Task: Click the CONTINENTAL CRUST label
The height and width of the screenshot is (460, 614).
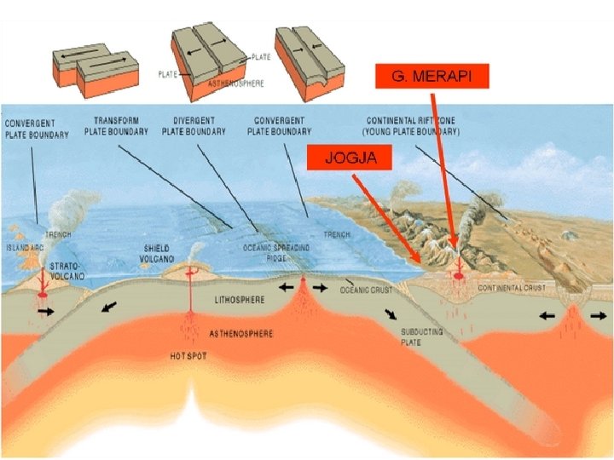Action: tap(512, 288)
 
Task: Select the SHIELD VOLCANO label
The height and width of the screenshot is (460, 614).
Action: tap(159, 253)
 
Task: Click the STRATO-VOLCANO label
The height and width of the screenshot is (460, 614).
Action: tap(67, 272)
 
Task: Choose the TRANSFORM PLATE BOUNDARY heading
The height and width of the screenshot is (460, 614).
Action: tap(116, 126)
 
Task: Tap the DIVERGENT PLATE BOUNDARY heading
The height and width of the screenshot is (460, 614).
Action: tap(194, 126)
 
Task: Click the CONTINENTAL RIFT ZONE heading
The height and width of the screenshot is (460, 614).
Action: tap(411, 126)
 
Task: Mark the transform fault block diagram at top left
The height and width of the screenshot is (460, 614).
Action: tap(95, 68)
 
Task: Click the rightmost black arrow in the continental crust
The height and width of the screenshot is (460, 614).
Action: tap(599, 314)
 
